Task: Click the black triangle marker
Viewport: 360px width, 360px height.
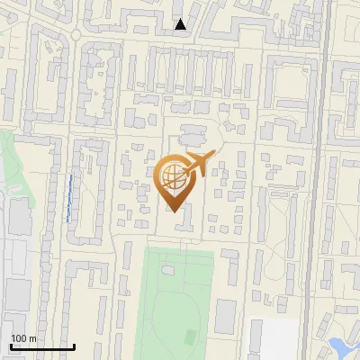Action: coord(181,24)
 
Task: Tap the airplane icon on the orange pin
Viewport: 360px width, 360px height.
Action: coord(197,165)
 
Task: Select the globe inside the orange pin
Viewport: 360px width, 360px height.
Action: coord(174,179)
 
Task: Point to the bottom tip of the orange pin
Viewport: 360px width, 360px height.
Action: coord(174,212)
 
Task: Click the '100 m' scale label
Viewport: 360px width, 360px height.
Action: coord(23,338)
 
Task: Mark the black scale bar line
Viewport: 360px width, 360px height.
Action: coord(41,346)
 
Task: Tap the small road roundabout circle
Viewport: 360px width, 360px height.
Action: coord(76,35)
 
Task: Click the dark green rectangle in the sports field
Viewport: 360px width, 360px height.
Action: coord(191,337)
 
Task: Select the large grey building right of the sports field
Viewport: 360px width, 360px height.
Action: coord(225,316)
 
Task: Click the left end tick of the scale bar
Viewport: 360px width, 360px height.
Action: coord(11,346)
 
